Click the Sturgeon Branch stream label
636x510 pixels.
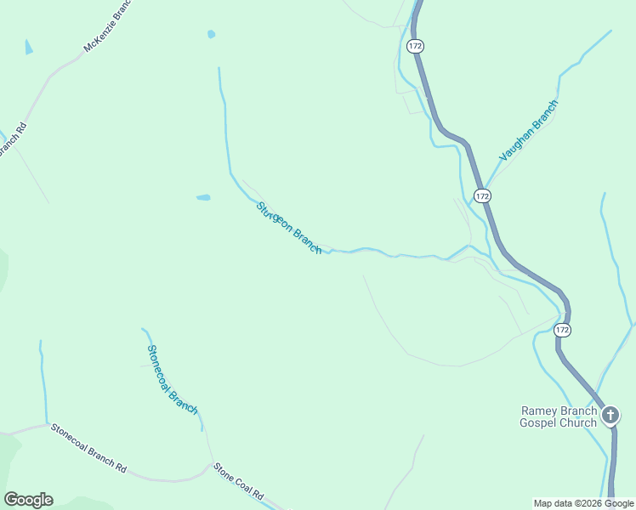[x=289, y=227]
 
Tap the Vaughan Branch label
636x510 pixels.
[x=528, y=130]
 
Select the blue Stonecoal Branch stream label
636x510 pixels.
[x=172, y=379]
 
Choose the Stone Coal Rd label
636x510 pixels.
[x=238, y=480]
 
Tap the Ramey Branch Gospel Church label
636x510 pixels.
[x=559, y=416]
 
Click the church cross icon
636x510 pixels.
[x=610, y=416]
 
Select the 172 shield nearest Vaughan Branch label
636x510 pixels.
[x=482, y=195]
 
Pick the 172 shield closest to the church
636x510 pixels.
[x=561, y=329]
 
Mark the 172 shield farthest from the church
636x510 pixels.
[x=414, y=46]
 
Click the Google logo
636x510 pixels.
[x=28, y=500]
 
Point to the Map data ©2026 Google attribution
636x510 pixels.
[x=583, y=503]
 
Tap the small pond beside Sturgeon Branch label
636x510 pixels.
[x=203, y=197]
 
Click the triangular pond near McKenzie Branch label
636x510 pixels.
[x=29, y=47]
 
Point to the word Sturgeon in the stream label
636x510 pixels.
[x=275, y=216]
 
